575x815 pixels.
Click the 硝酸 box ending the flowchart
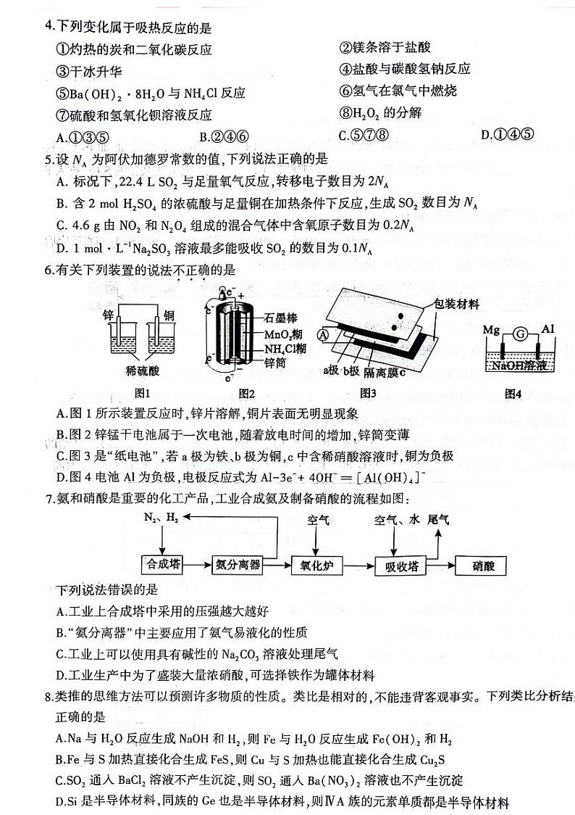[x=480, y=566]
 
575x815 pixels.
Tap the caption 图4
[x=513, y=394]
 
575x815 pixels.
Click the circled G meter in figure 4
[x=519, y=334]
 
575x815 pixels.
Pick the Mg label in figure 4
[x=492, y=330]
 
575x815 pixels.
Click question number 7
[x=49, y=498]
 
